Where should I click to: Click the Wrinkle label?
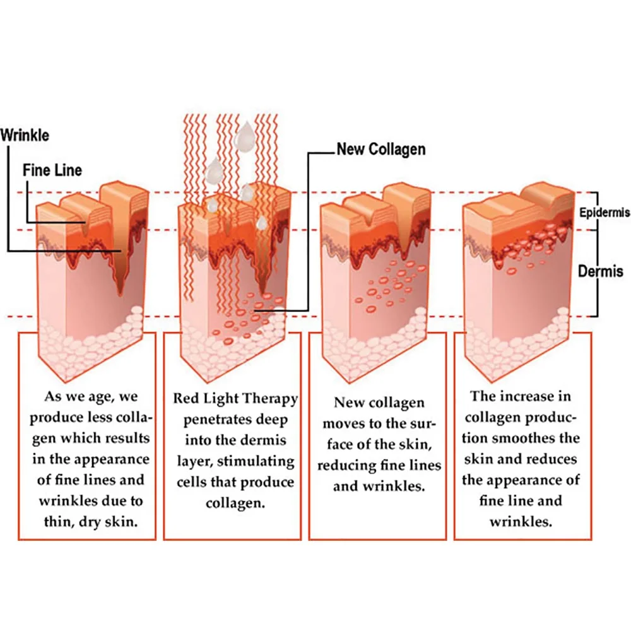click(25, 135)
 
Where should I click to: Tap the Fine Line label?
click(52, 170)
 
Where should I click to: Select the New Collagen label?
click(381, 150)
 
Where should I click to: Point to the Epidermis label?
click(604, 213)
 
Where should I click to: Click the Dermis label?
click(601, 271)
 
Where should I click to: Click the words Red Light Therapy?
click(235, 399)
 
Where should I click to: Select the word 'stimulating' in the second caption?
click(259, 461)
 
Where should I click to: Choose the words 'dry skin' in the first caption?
click(111, 522)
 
